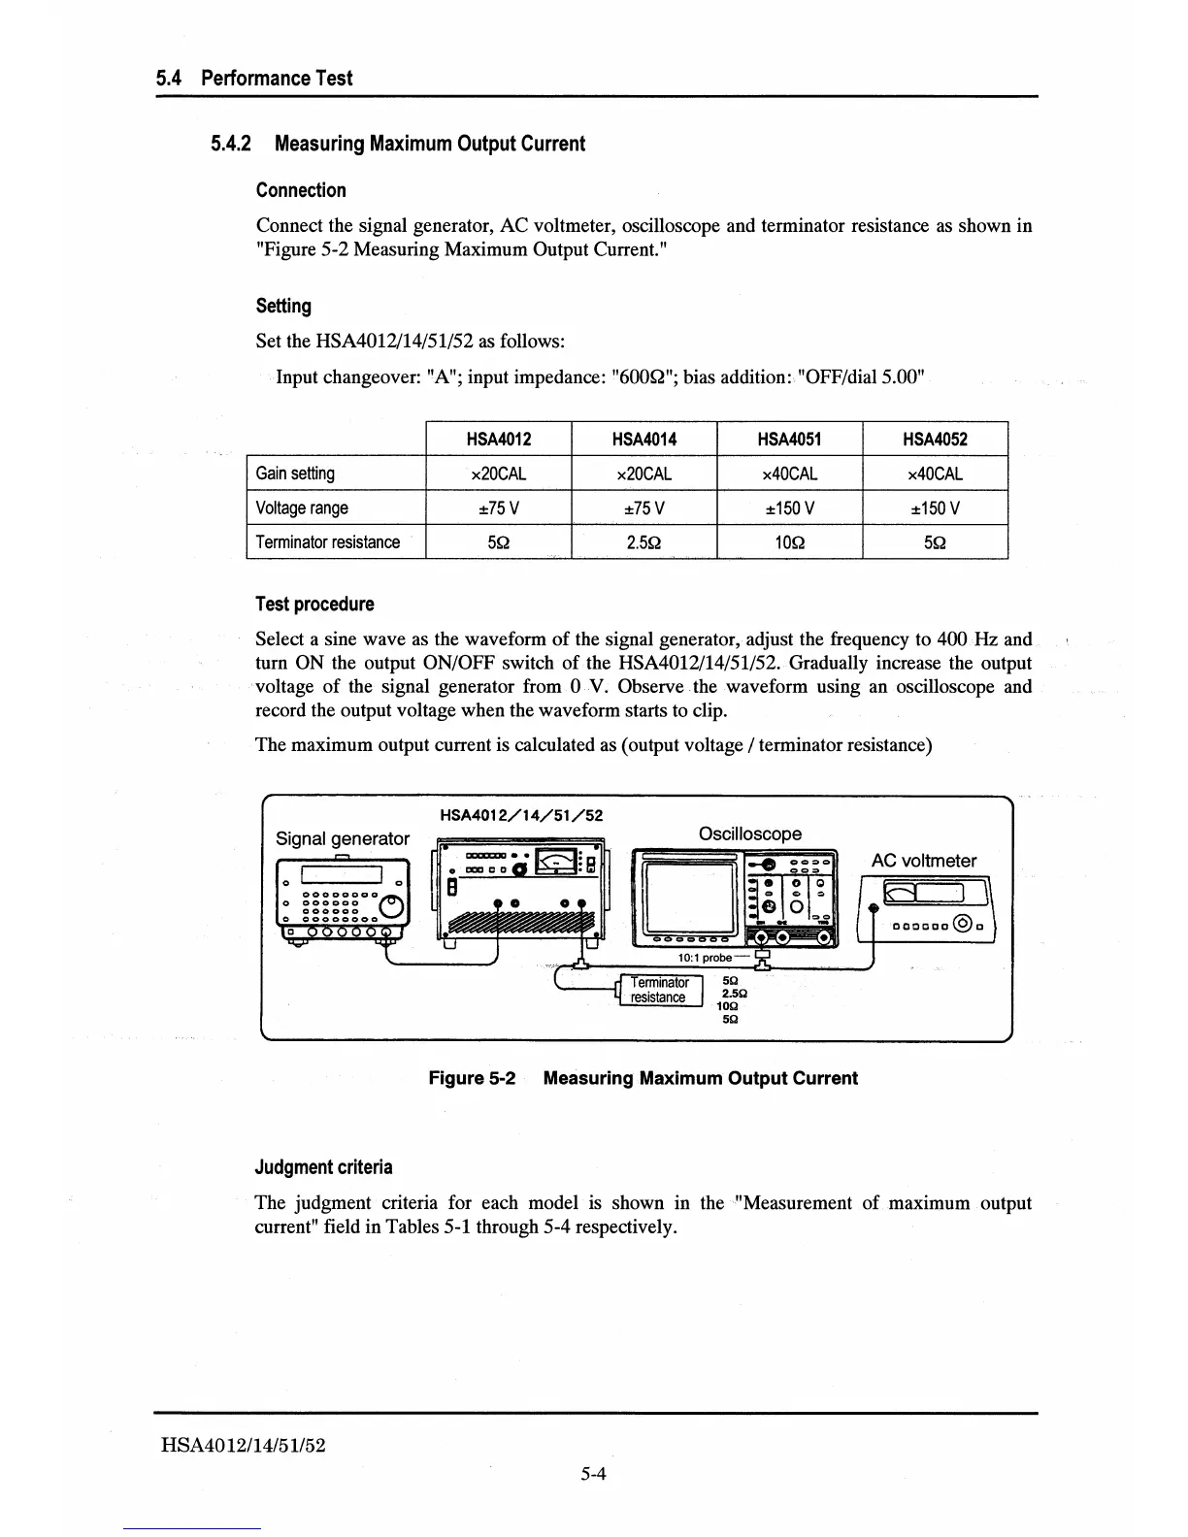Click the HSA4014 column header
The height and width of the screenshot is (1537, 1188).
(x=643, y=439)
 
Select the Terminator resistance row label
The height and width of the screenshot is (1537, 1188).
(x=327, y=541)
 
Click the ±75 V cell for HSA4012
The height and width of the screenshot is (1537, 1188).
(x=499, y=507)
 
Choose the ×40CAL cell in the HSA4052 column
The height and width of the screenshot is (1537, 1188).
(x=935, y=474)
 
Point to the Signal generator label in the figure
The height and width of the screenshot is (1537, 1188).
(x=343, y=838)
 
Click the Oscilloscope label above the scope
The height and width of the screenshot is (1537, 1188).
(x=750, y=834)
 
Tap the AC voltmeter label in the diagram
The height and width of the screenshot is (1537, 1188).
(x=924, y=861)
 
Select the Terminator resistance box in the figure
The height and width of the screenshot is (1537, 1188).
(x=659, y=990)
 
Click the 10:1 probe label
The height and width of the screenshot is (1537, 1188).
(x=705, y=958)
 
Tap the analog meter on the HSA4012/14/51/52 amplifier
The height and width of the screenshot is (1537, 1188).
(x=554, y=860)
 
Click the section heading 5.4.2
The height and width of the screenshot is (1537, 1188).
(x=398, y=144)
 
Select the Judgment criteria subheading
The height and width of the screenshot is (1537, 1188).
(x=324, y=1166)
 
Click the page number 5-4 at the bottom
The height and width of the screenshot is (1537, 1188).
(x=593, y=1475)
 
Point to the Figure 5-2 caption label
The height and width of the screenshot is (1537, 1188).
(x=472, y=1078)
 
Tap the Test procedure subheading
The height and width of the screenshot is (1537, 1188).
(x=314, y=604)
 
